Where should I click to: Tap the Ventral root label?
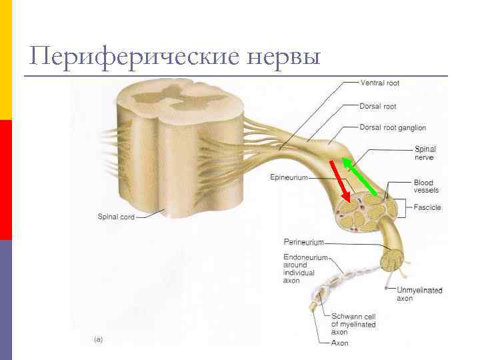[380, 83]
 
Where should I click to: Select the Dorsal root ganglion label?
[393, 127]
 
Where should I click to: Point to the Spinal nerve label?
[425, 153]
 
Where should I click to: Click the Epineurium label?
[289, 177]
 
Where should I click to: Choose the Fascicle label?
[427, 207]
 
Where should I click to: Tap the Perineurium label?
[303, 241]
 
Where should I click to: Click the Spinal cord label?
[116, 217]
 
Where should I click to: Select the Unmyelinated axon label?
[419, 294]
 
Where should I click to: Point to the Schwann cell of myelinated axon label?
[353, 324]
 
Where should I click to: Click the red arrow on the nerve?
[340, 181]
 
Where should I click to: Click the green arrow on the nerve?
[360, 177]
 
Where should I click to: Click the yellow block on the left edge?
[5, 60]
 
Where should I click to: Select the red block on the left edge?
[5, 180]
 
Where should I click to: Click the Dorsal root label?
[378, 106]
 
